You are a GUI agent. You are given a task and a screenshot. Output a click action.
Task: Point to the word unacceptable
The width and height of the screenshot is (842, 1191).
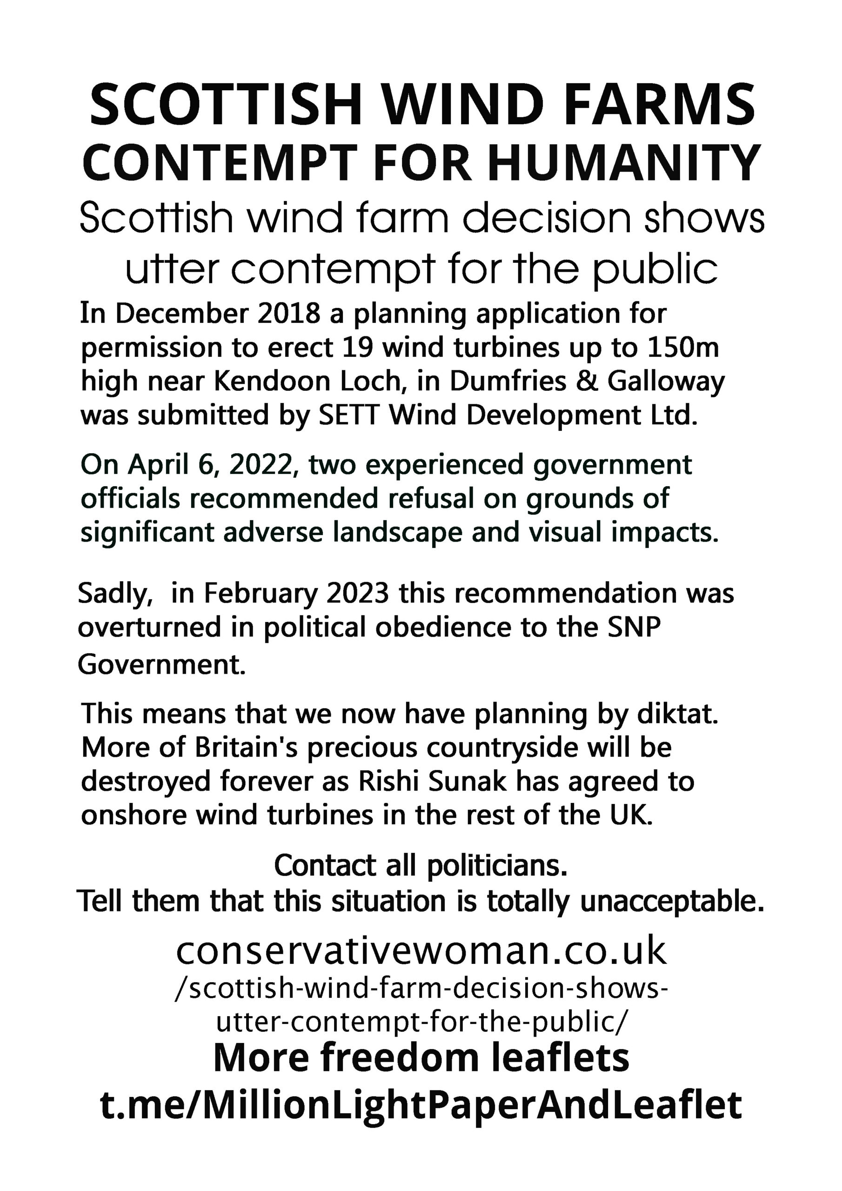[x=672, y=902]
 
